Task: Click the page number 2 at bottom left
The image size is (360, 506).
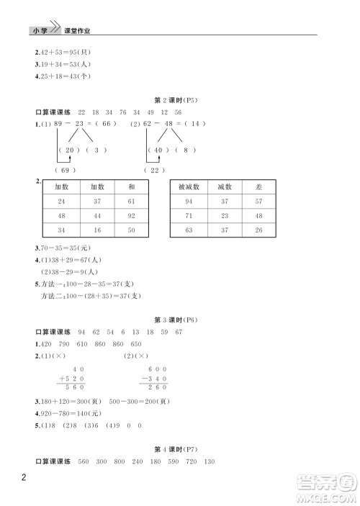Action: (25, 478)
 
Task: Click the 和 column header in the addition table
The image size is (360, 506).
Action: (131, 186)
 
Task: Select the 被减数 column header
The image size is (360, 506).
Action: (189, 186)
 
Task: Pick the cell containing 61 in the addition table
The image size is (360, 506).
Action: (131, 202)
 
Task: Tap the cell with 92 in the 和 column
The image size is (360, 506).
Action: (131, 216)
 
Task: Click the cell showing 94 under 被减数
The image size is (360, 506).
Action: (189, 202)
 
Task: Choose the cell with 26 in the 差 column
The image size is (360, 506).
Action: (258, 230)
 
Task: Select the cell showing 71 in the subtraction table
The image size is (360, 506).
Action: (189, 216)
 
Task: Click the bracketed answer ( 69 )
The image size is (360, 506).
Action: (65, 170)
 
